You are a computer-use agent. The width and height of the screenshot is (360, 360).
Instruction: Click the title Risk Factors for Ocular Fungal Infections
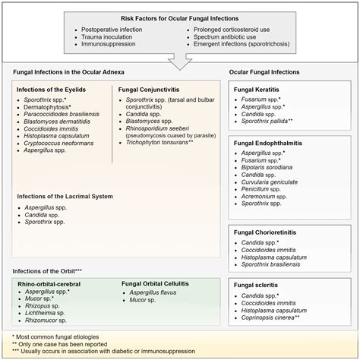[179, 17]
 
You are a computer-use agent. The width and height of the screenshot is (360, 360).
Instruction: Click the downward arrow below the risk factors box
[179, 58]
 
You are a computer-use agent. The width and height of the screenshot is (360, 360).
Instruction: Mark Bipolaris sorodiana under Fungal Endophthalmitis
[271, 166]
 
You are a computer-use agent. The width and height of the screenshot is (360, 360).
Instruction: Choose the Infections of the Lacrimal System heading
[65, 196]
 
